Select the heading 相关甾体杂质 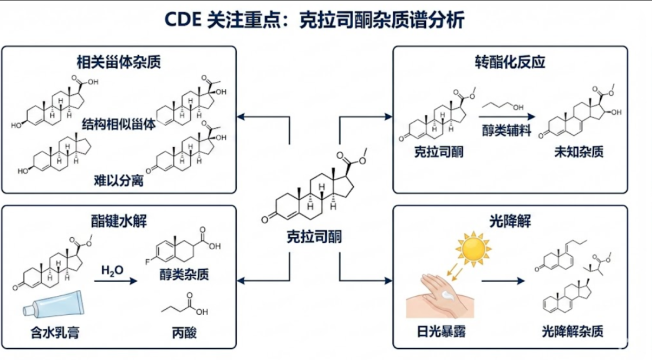coord(118,62)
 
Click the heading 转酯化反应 coord(509,62)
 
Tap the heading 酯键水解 coord(118,220)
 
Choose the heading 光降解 coord(509,220)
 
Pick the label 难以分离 coord(118,180)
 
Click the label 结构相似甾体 coord(118,124)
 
